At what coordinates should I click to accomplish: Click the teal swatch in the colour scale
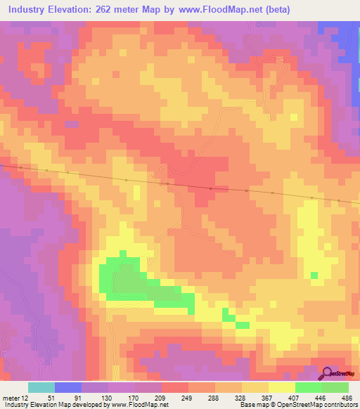click(x=41, y=387)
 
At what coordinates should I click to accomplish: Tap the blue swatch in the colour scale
click(x=68, y=387)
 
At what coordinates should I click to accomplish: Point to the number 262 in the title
click(x=122, y=10)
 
